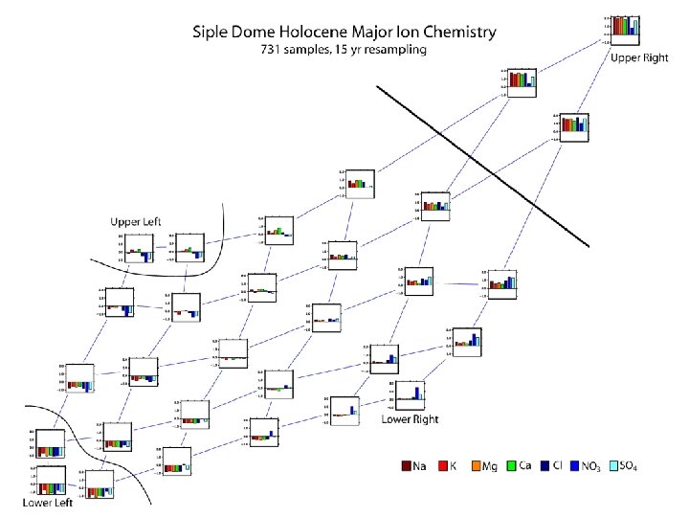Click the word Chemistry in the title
[453, 32]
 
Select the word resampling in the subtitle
[389, 50]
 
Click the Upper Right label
[639, 57]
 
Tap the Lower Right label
[410, 418]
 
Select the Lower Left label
[47, 503]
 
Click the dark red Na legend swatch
[407, 466]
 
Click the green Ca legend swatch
[513, 466]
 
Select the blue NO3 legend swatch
[577, 466]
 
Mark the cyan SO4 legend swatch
[618, 466]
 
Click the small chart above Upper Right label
[627, 29]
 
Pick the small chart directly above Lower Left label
[47, 479]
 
